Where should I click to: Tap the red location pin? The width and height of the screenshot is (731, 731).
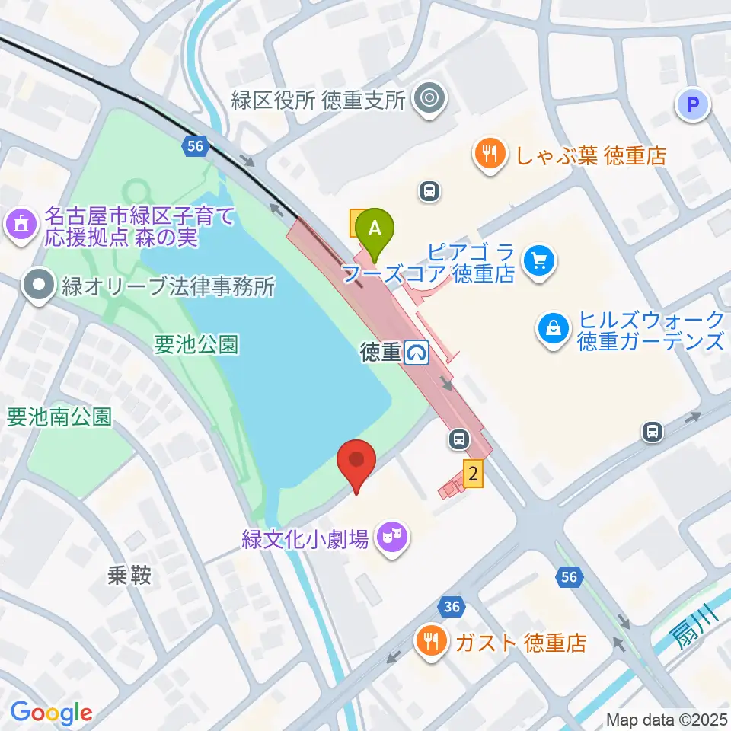tap(357, 461)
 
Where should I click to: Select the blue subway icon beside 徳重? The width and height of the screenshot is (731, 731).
tap(417, 353)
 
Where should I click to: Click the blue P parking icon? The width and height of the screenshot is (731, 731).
tap(693, 104)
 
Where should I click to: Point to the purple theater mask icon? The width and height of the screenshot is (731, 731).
tap(392, 540)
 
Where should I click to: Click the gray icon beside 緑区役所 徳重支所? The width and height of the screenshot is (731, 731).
tap(429, 99)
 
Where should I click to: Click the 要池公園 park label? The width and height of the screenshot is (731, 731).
tap(196, 345)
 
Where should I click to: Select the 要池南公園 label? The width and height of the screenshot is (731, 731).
tap(59, 417)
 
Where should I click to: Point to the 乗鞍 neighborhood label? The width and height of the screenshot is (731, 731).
tap(129, 574)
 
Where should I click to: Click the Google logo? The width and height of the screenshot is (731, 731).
tap(51, 713)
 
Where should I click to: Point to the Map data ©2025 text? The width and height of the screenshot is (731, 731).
tap(666, 720)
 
